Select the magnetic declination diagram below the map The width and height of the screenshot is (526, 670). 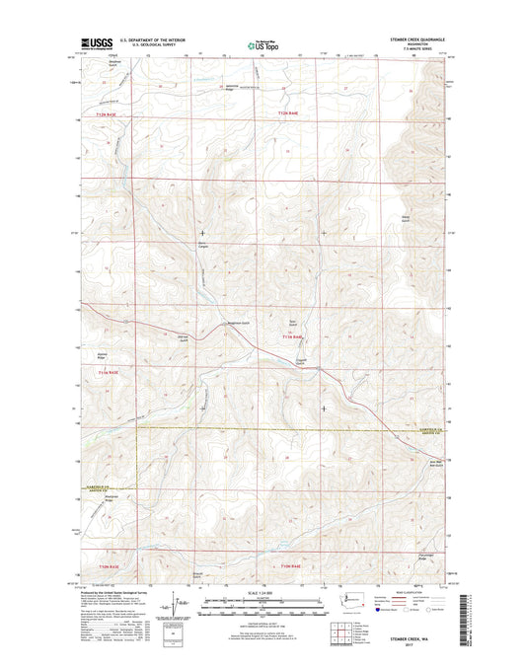[x=176, y=602]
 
